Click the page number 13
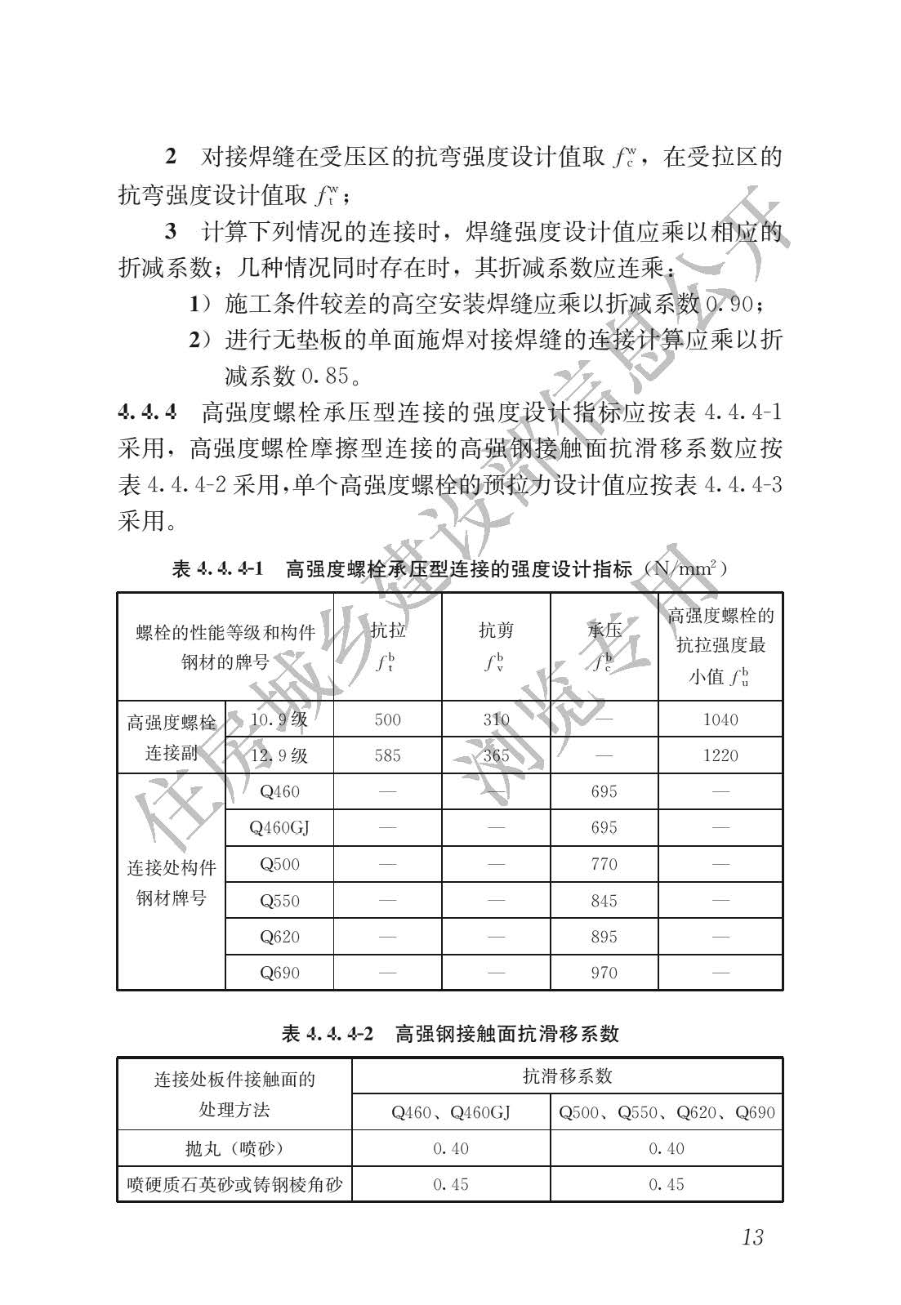(752, 1236)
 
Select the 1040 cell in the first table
(720, 719)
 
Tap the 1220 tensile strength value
(720, 755)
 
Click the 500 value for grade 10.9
(387, 719)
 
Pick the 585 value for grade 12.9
(387, 755)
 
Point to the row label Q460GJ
(279, 828)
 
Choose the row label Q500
(279, 864)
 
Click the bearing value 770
(604, 864)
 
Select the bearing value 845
(604, 901)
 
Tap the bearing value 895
(604, 937)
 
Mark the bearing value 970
(604, 973)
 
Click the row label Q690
(279, 973)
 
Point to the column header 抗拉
(387, 630)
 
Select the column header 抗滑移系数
(567, 1076)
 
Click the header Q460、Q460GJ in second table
(451, 1112)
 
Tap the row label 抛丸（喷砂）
(234, 1148)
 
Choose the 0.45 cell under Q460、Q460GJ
(451, 1184)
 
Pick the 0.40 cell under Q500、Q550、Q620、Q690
(667, 1148)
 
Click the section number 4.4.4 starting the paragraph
(147, 412)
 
